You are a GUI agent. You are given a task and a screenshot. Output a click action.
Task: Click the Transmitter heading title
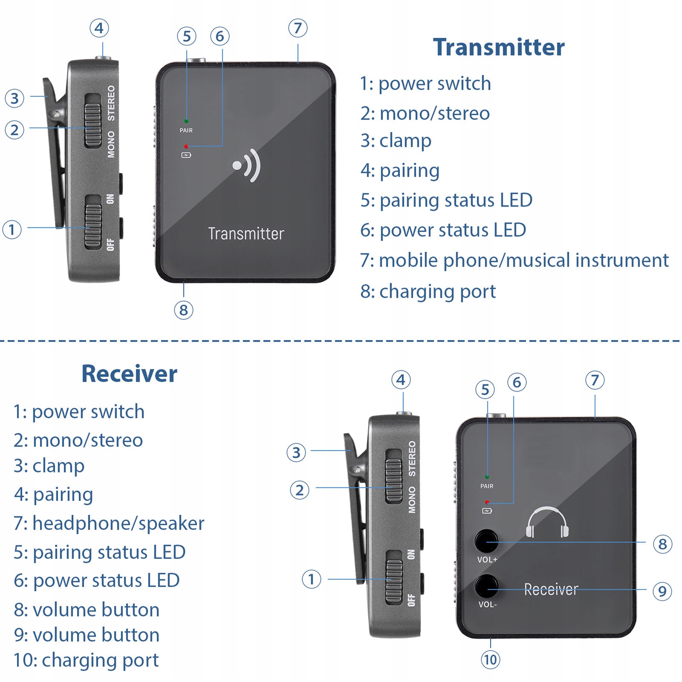coord(498,47)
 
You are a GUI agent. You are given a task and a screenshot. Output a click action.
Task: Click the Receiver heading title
coord(129,374)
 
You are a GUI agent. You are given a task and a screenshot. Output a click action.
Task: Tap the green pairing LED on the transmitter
coord(186,121)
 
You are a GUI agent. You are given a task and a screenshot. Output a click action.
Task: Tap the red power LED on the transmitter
coord(186,147)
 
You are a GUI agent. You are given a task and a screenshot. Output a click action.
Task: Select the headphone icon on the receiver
coord(547,523)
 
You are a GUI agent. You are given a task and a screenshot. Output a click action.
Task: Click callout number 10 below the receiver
coord(490,660)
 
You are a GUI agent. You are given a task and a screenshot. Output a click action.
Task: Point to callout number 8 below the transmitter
coord(184,310)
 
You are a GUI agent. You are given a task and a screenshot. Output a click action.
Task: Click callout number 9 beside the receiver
coord(662,591)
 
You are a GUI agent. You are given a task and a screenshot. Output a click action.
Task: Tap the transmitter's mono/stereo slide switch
coord(93,121)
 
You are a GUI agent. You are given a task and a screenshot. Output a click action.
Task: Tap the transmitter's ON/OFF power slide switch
coord(93,222)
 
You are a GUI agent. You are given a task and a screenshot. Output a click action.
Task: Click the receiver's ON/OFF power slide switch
coord(394,577)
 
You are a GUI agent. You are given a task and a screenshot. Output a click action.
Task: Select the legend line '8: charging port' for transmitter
coord(428,292)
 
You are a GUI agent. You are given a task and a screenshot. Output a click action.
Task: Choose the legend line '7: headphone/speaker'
coord(109,524)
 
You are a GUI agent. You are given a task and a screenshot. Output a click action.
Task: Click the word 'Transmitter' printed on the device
coord(246,234)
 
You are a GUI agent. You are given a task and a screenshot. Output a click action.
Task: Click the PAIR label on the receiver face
coord(487,486)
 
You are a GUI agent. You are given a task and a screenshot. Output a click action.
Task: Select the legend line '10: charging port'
coord(86,660)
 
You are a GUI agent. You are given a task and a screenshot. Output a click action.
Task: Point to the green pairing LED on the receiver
coord(487,477)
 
